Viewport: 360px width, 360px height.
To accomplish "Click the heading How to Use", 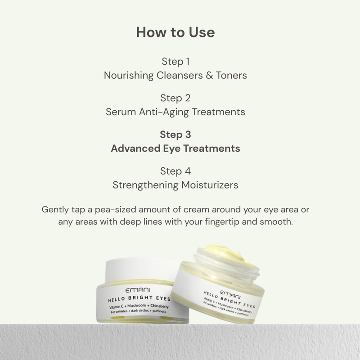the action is click(x=175, y=32).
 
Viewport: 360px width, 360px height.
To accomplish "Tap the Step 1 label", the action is click(x=175, y=62).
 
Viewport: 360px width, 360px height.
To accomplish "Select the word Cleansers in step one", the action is click(x=180, y=75).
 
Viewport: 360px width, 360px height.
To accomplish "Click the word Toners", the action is click(x=231, y=75).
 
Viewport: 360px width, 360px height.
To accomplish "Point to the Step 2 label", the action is click(x=175, y=98).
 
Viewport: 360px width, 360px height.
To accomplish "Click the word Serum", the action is click(x=121, y=112).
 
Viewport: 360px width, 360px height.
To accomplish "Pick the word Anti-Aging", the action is click(x=164, y=112).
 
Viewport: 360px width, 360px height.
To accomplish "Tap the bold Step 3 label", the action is click(x=175, y=135).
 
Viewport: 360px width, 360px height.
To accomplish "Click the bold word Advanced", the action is click(x=135, y=148).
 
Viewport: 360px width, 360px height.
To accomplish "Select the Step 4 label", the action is click(x=175, y=171).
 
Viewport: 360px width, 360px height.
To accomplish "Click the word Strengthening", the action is click(x=145, y=185).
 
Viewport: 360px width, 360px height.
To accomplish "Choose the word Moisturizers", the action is click(x=210, y=185).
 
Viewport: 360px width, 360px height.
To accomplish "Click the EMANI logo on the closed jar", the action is click(x=138, y=290).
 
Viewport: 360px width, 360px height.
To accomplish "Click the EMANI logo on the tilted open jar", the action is click(x=230, y=295).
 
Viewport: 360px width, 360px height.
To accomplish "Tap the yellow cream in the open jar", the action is click(x=229, y=254).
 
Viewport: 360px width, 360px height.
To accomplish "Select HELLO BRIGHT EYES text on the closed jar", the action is click(x=139, y=299).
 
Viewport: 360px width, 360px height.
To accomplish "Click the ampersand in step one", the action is click(x=209, y=75).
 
